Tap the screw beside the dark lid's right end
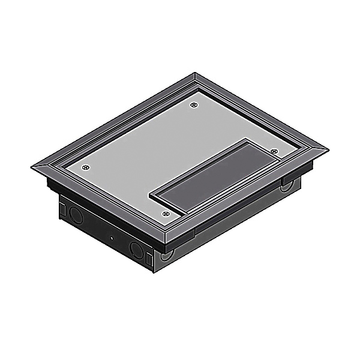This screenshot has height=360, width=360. pos(274,151)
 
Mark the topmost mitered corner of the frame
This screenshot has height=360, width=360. pos(196,74)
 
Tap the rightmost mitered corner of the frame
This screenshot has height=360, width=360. pos(329,149)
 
